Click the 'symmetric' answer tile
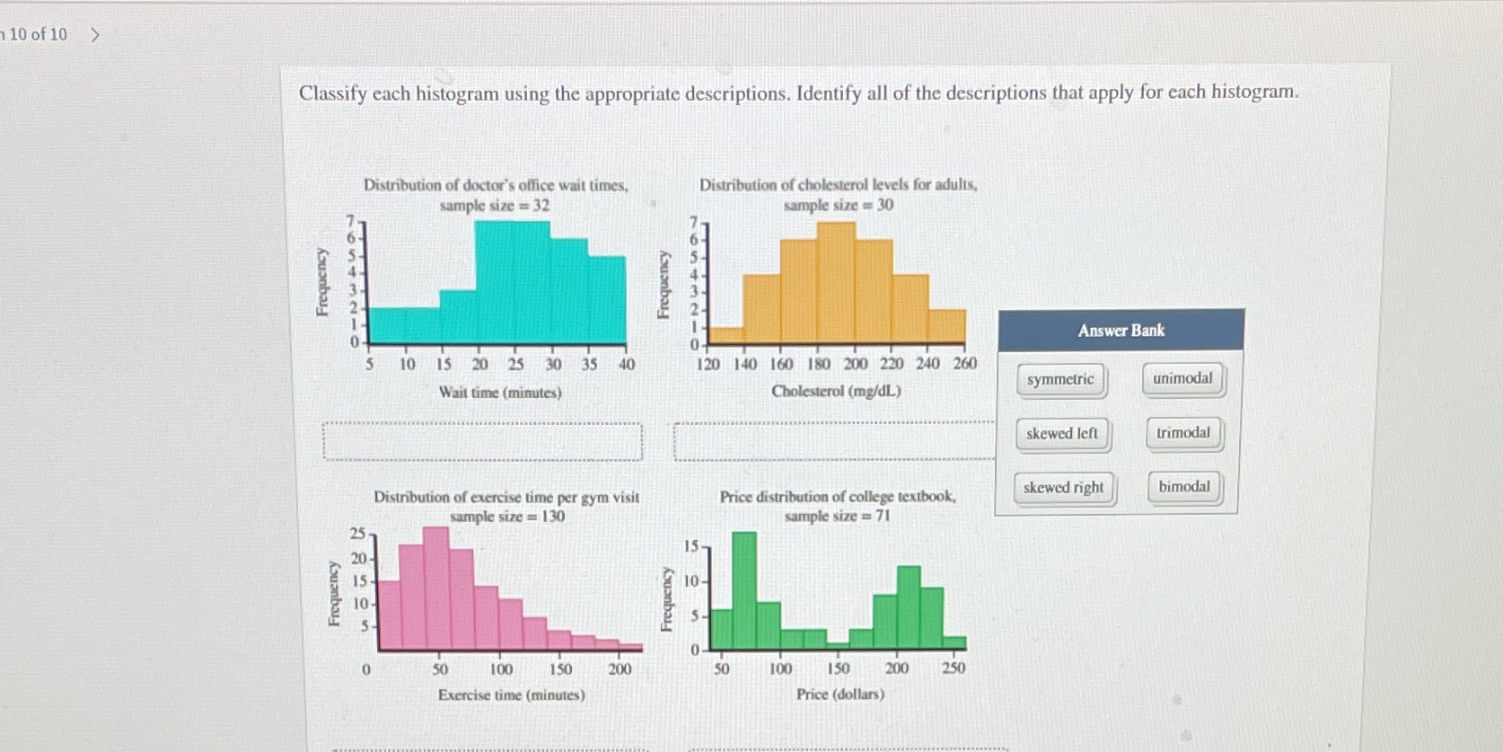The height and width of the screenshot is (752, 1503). [x=1060, y=379]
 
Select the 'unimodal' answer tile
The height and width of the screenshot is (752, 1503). [x=1182, y=378]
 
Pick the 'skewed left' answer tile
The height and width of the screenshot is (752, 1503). [x=1062, y=434]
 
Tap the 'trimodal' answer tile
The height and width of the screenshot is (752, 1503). [x=1183, y=433]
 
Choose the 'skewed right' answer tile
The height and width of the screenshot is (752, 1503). [x=1064, y=488]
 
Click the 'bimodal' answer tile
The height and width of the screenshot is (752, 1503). [x=1184, y=487]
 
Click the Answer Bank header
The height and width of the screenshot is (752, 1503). [x=1121, y=331]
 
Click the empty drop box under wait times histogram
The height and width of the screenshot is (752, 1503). [x=482, y=442]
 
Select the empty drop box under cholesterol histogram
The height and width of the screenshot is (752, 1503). [x=834, y=442]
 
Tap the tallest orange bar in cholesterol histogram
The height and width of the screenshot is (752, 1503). [x=836, y=283]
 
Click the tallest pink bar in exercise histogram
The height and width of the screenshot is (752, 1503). [x=435, y=588]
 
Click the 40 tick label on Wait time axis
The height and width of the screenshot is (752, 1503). [x=627, y=364]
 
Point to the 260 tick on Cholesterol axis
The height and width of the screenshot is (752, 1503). [x=964, y=363]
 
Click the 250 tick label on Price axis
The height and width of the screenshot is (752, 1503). [x=954, y=668]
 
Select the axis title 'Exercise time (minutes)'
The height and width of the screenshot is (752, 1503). [x=511, y=694]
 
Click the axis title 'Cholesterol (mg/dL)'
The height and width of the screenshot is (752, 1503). [x=836, y=391]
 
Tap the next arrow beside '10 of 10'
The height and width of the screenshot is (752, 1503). [x=95, y=35]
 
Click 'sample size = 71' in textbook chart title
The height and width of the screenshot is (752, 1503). [x=837, y=516]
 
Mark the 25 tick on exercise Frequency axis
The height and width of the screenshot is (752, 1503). [x=356, y=534]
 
